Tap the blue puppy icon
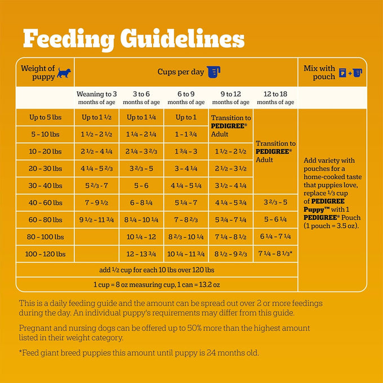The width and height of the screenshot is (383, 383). (x=64, y=73)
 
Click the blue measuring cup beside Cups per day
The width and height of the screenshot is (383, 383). (x=213, y=72)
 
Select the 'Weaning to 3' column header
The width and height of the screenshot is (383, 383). (x=97, y=97)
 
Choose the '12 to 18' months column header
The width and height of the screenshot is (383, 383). (x=275, y=97)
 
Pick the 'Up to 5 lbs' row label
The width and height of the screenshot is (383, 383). (x=46, y=117)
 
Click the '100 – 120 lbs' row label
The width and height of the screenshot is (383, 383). (x=46, y=254)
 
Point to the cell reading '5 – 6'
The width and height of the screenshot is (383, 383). (x=141, y=186)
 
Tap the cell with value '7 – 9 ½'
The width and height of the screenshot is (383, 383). (x=96, y=203)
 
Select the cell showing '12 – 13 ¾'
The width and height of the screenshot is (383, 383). (x=141, y=254)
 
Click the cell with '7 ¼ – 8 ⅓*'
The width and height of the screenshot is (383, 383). (x=275, y=253)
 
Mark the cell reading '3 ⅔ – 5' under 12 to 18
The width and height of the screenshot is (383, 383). (x=275, y=202)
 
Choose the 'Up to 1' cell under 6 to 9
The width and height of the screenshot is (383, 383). (x=186, y=117)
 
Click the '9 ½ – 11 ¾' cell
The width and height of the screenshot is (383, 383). (x=96, y=220)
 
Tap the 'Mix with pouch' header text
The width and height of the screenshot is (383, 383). (x=319, y=72)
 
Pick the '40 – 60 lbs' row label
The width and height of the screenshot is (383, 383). (x=46, y=203)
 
